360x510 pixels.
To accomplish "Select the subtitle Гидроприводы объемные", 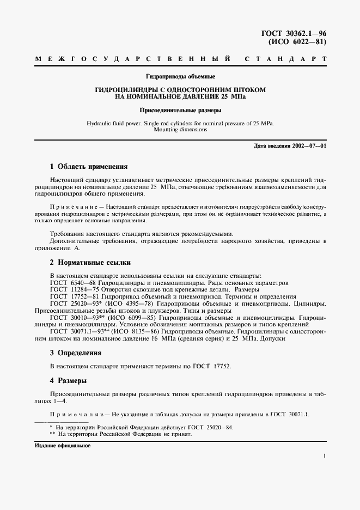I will [x=180, y=76].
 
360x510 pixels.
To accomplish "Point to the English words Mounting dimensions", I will [x=180, y=130].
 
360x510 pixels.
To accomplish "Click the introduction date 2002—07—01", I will [x=309, y=147].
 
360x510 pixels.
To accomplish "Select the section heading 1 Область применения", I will [x=88, y=167].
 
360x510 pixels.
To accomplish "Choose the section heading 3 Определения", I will [x=76, y=353].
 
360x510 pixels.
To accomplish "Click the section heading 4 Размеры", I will [x=69, y=380].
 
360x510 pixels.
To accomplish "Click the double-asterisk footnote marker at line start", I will [x=52, y=434].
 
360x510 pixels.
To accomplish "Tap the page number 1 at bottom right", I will [x=324, y=456].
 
